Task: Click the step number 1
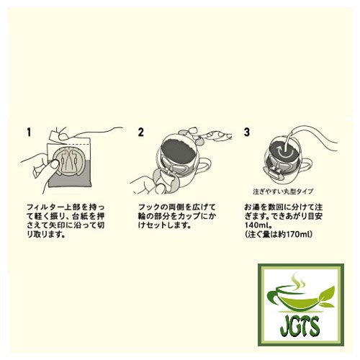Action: pos(28,133)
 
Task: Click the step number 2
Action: pos(141,133)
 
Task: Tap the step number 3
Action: pos(247,133)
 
